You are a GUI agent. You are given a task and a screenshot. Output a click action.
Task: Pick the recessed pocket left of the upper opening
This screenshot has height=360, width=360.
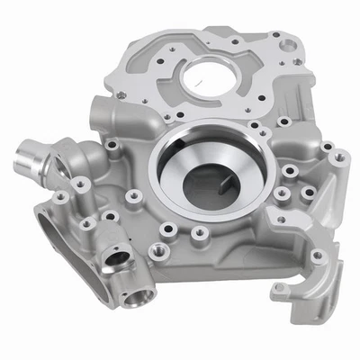[x=149, y=72]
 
